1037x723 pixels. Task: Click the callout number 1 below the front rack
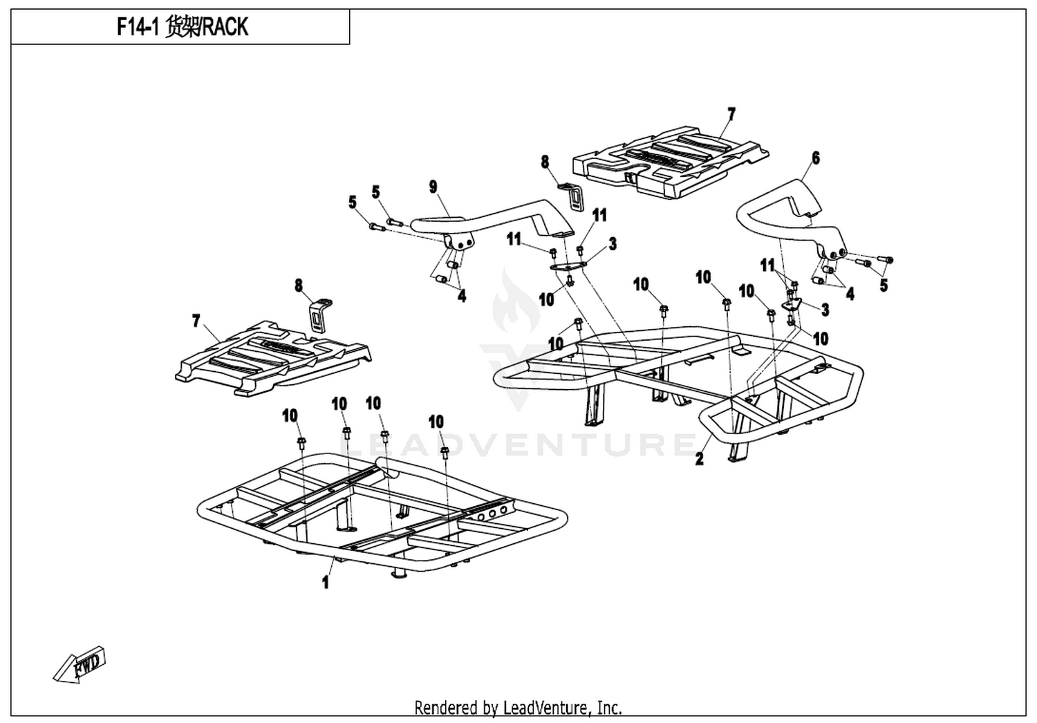326,582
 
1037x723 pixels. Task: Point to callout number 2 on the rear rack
700,458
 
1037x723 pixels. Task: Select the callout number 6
816,158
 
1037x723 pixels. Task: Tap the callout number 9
433,187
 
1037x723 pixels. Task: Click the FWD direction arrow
80,664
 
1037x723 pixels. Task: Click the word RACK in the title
226,27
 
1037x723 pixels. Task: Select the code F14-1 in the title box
138,27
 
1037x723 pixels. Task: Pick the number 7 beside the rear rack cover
731,114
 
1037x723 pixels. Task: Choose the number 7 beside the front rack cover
196,320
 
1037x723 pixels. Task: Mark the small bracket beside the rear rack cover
572,197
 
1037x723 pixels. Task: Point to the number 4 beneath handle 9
462,296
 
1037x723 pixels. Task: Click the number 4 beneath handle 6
850,293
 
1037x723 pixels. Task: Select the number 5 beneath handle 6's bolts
884,285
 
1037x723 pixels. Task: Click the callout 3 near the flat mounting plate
613,244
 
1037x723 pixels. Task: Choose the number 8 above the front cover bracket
299,285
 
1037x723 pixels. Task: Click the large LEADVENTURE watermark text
518,444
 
